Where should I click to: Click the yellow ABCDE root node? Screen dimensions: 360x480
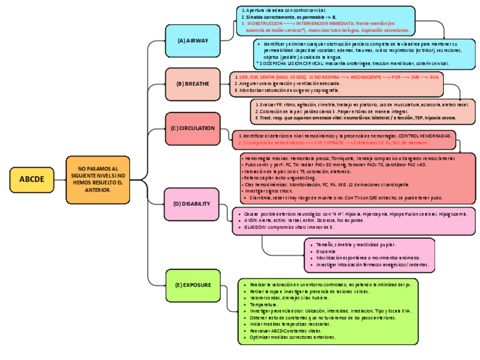(x=32, y=179)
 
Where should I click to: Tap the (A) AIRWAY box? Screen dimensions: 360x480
(x=193, y=41)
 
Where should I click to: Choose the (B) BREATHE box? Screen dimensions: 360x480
(x=193, y=84)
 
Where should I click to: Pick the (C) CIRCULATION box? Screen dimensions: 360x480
(x=193, y=128)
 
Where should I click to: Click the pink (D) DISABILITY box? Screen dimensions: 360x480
(x=192, y=204)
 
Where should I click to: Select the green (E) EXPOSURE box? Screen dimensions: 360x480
(x=193, y=285)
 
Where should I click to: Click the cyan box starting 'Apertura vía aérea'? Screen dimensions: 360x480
(x=326, y=20)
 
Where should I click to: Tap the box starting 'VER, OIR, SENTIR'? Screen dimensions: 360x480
(x=337, y=83)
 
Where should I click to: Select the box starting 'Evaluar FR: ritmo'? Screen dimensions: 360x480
(x=363, y=112)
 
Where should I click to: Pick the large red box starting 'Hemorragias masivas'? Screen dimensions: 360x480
(x=357, y=178)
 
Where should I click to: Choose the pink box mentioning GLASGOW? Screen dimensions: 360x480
(x=354, y=221)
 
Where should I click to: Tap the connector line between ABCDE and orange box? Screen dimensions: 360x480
(x=59, y=179)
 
